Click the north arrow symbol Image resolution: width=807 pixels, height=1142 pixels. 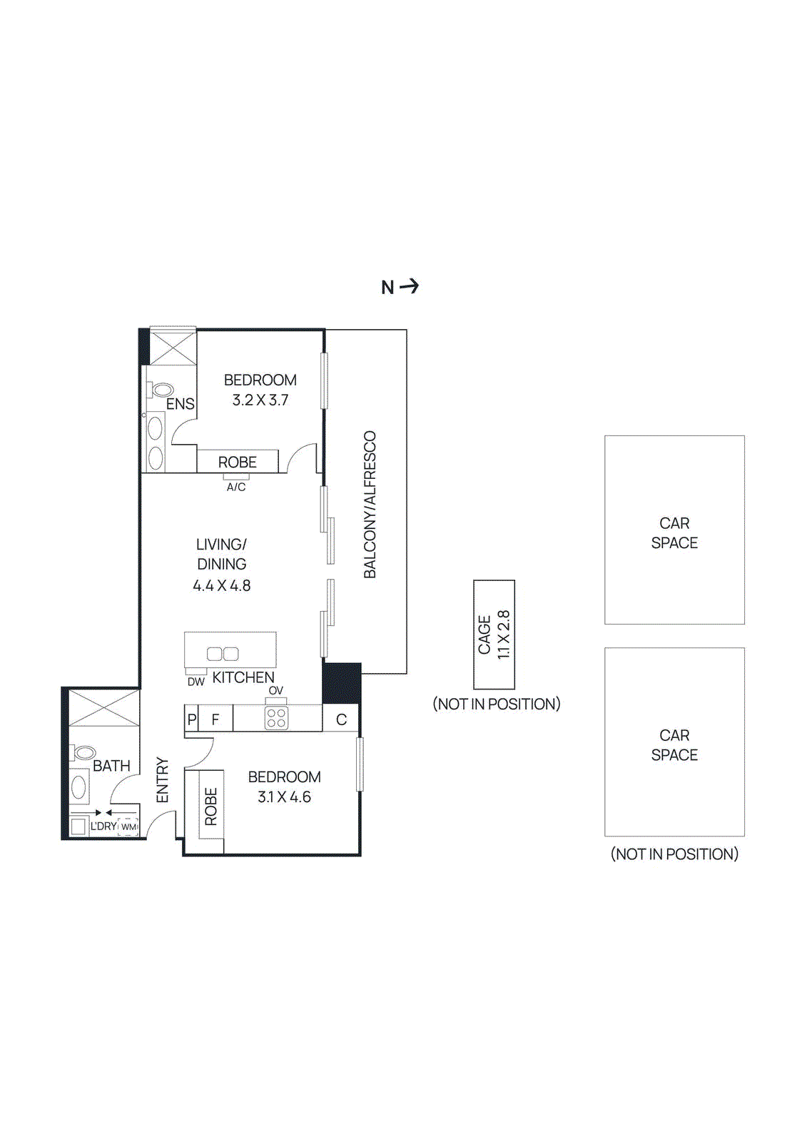point(409,286)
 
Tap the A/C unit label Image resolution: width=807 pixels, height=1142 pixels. point(236,487)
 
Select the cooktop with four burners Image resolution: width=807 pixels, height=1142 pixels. point(276,717)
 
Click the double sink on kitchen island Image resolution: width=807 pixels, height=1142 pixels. point(223,653)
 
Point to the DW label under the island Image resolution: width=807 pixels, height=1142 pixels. point(196,682)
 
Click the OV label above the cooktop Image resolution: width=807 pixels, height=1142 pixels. point(276,690)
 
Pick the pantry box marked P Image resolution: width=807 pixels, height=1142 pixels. point(191,719)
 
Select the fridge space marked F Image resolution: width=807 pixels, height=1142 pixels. point(215,719)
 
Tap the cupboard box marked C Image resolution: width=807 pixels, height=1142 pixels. point(341,719)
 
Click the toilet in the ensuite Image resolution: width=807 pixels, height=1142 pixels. point(161,390)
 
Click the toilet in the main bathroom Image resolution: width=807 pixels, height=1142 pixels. point(84,752)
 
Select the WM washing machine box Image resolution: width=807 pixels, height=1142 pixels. point(128,827)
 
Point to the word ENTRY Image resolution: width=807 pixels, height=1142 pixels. point(163,780)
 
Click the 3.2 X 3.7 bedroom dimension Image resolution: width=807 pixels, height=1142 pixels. point(260,400)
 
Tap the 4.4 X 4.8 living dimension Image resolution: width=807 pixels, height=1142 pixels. point(222,585)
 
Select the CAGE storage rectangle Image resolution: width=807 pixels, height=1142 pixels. point(494,634)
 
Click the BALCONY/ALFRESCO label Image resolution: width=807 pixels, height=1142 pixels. point(370,505)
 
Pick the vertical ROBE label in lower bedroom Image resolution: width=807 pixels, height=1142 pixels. point(211,807)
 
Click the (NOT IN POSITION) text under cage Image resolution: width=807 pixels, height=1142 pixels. point(497,704)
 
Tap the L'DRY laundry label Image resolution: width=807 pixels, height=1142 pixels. point(103,826)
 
